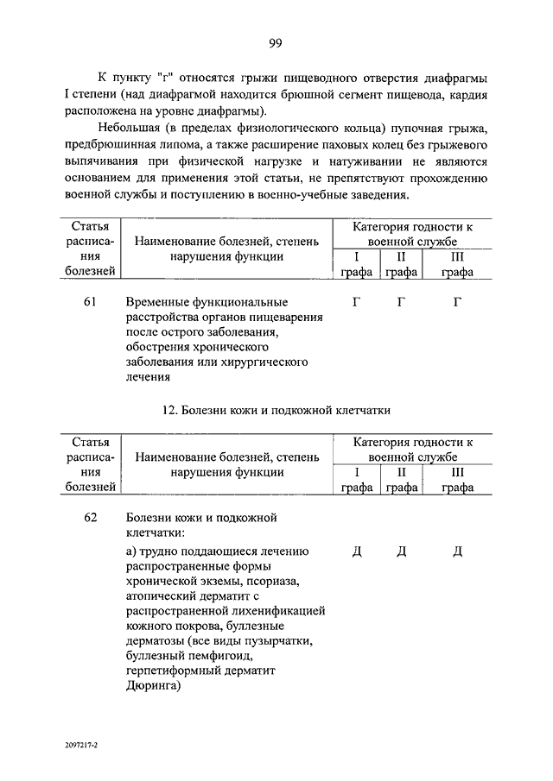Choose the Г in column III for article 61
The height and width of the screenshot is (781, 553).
coord(457,302)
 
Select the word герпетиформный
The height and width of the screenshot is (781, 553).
coord(171,671)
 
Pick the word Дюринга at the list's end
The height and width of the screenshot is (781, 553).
coord(152,686)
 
